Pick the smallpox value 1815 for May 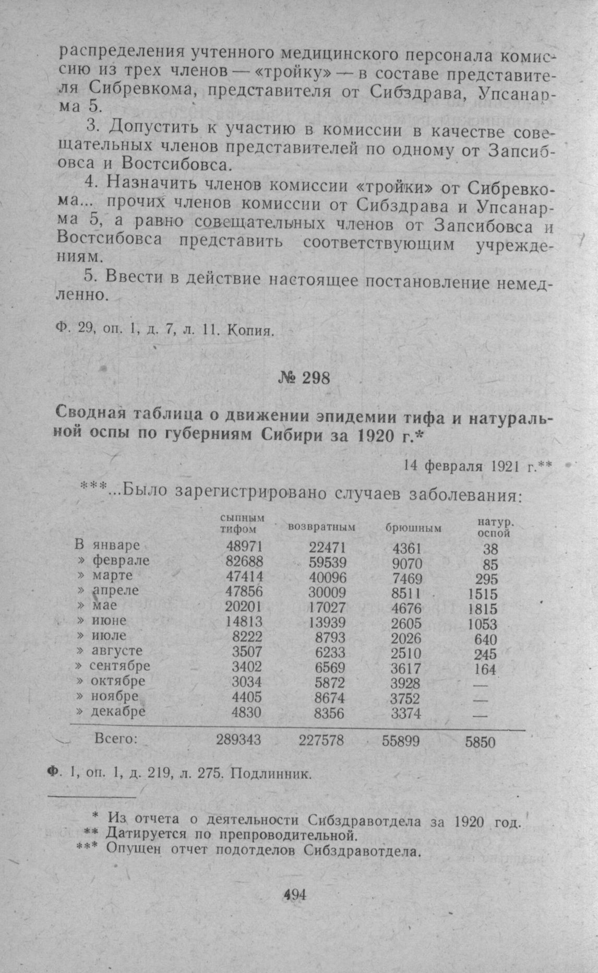(x=482, y=609)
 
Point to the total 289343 (x=238, y=740)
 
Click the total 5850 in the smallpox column (x=480, y=742)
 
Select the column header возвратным (x=321, y=527)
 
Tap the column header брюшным (x=413, y=528)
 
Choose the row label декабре (x=118, y=711)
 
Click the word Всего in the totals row (x=116, y=739)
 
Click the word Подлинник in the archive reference (x=271, y=774)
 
